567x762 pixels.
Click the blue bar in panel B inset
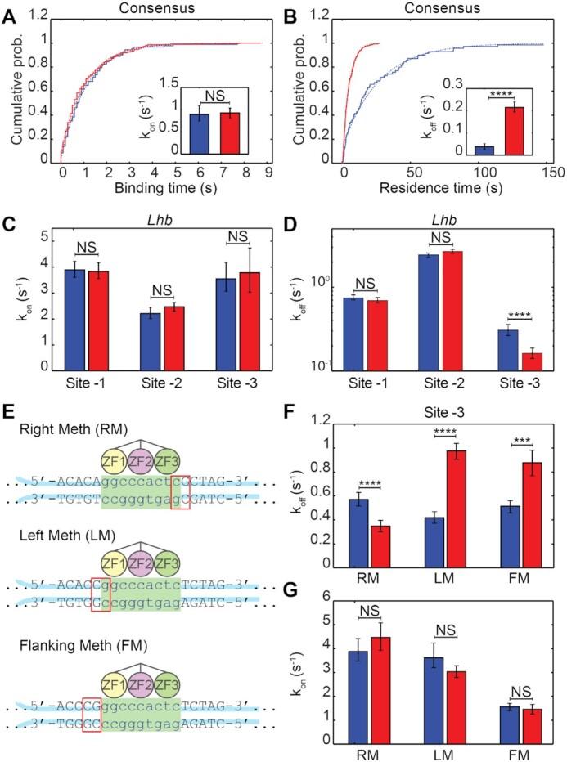(485, 149)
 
